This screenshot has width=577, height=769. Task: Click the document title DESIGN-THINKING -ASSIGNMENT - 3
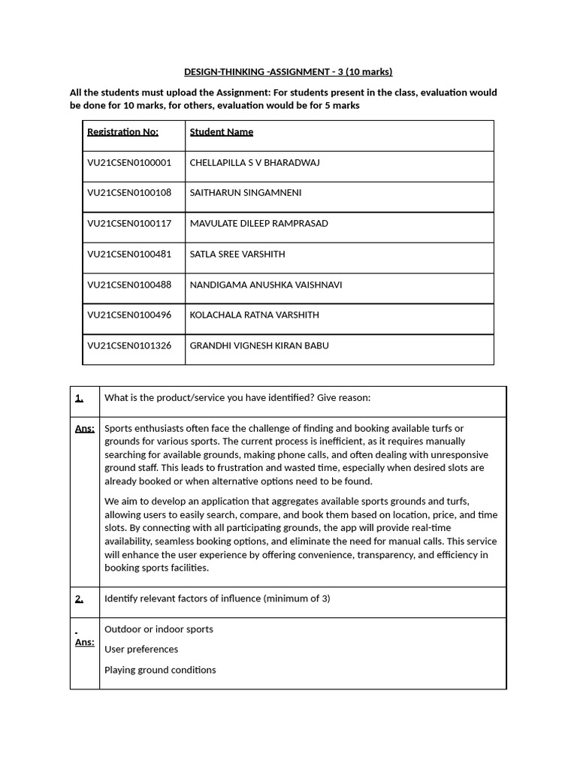(x=288, y=72)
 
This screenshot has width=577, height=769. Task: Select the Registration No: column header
(x=122, y=132)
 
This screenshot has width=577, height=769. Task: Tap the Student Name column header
(x=221, y=132)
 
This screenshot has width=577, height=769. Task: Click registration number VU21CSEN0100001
(x=128, y=163)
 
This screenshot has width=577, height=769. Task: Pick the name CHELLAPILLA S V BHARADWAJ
(x=254, y=163)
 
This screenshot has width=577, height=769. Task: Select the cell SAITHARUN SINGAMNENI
(x=245, y=193)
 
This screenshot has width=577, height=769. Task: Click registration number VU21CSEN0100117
(x=128, y=224)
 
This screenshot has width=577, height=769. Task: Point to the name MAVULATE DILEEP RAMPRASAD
(x=258, y=224)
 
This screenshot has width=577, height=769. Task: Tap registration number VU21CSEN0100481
(x=128, y=255)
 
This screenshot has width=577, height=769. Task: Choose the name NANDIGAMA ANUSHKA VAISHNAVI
(x=265, y=285)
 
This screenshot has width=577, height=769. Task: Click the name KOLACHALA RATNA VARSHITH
(x=254, y=315)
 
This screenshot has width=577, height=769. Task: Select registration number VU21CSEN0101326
(x=128, y=346)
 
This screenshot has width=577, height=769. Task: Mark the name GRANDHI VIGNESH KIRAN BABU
(x=258, y=346)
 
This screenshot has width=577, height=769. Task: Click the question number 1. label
(x=79, y=398)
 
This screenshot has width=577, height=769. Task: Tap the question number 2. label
(x=79, y=599)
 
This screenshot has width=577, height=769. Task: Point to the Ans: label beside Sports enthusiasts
(x=84, y=428)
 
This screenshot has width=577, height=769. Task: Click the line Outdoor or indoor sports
(x=159, y=629)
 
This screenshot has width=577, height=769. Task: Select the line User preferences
(x=141, y=650)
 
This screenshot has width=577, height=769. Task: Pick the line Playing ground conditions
(x=160, y=670)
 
